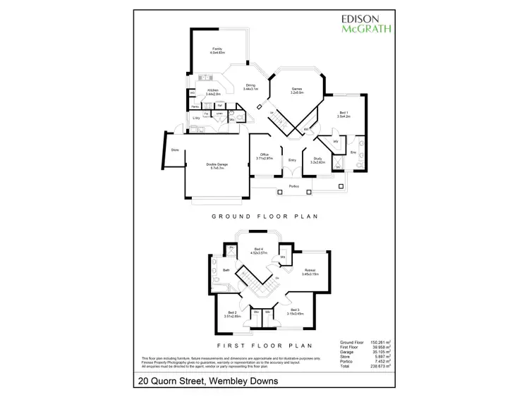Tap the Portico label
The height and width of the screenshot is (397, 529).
pos(294,185)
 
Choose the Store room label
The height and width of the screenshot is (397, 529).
pos(174,149)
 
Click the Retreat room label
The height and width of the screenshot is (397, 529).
pos(310,271)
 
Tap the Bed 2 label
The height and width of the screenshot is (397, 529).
pos(233,314)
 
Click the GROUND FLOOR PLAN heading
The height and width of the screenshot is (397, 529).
pos(264,216)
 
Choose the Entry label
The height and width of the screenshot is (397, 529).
pos(292,161)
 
